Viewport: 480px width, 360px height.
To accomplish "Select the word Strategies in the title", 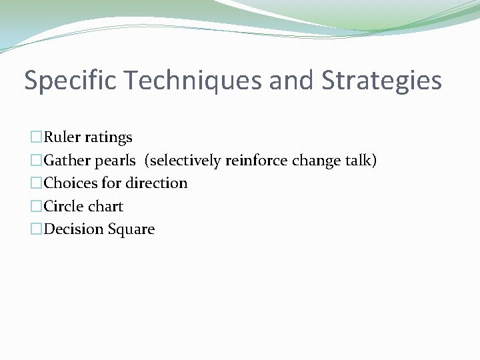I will (382, 81).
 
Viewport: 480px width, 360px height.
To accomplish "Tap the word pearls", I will (117, 161).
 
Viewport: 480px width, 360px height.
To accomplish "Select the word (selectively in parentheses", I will (183, 161).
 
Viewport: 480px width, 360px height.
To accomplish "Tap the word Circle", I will (63, 206).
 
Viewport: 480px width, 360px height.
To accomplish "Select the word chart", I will (105, 206).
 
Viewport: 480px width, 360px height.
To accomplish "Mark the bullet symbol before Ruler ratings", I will (36, 138).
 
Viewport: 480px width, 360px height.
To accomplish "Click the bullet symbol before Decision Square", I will (36, 230).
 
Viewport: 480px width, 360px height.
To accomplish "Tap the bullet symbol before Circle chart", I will (36, 207).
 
